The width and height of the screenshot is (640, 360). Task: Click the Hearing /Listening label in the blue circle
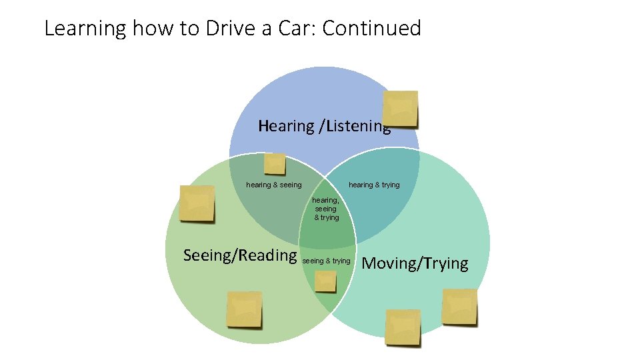tap(324, 126)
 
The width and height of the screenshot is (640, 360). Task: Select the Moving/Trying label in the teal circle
tap(415, 263)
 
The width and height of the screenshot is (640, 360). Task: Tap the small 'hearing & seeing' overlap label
tap(273, 185)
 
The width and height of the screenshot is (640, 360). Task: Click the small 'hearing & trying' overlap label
tap(374, 185)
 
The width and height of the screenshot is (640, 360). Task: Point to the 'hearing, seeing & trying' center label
tap(326, 209)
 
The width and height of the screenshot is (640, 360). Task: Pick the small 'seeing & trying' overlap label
tap(326, 261)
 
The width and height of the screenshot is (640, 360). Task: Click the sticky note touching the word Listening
tap(401, 109)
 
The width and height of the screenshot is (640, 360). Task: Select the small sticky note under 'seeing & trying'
tap(325, 281)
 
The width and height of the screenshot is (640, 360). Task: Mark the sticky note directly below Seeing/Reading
tap(244, 309)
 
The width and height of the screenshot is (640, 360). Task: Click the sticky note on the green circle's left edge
tap(197, 204)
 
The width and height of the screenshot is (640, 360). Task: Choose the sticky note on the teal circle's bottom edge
tap(403, 327)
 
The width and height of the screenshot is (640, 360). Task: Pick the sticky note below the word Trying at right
tap(460, 307)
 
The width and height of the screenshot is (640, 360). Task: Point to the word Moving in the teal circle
tap(389, 263)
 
